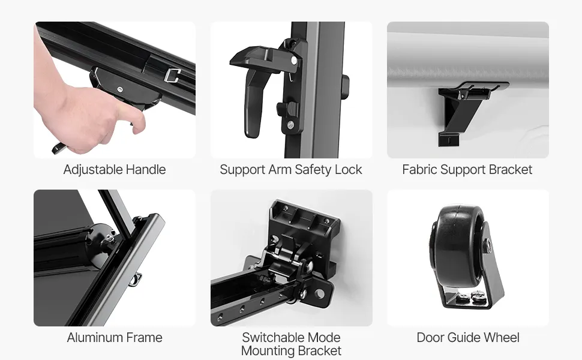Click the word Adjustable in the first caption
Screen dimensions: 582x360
point(93,170)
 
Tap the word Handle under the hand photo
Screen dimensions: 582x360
point(146,169)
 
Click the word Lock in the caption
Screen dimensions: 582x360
point(348,169)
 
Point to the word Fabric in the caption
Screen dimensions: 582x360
point(420,169)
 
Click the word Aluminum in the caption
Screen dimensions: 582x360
point(95,337)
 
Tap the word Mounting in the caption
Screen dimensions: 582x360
point(268,350)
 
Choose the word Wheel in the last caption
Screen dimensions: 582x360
point(502,337)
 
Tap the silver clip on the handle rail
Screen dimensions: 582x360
point(172,75)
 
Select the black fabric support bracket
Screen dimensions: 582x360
point(464,112)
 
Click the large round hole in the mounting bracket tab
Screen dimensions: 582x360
point(319,295)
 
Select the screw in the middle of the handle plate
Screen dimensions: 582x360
point(119,89)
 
